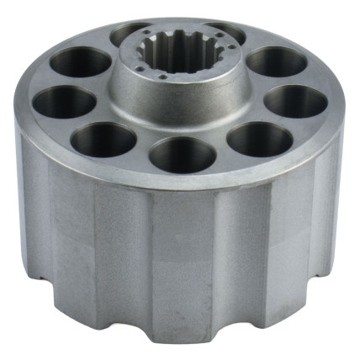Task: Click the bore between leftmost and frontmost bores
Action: point(103,139)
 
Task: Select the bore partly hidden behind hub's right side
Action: point(229,34)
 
